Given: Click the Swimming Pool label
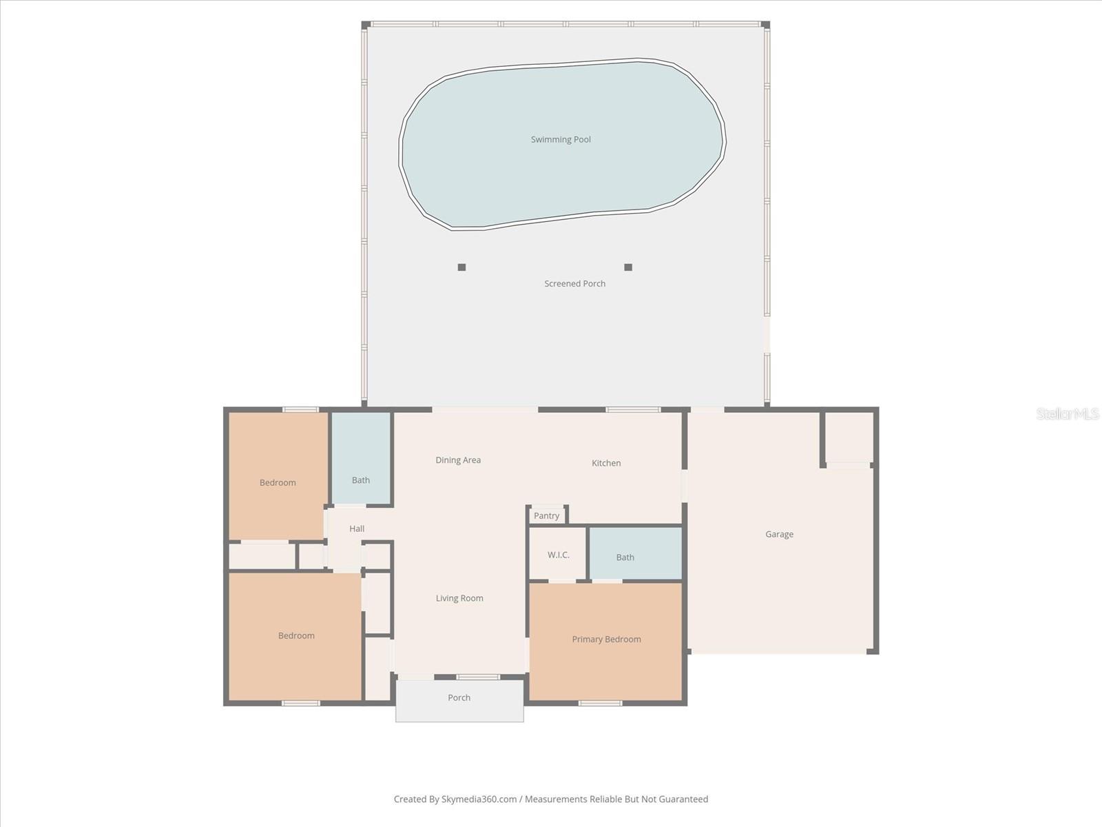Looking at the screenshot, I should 561,139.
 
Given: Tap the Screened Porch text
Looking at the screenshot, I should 574,283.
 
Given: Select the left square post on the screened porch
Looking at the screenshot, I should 461,267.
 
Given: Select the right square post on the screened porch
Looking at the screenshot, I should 627,267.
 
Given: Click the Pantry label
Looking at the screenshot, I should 546,515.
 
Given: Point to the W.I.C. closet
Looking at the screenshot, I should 558,555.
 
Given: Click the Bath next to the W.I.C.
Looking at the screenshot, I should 625,558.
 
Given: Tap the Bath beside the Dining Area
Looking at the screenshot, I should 361,480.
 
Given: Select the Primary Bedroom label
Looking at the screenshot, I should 606,640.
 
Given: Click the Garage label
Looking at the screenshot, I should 779,534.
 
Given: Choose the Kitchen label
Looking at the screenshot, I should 606,463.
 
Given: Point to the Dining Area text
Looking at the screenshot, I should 458,460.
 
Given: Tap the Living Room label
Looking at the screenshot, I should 459,598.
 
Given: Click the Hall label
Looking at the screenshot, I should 357,529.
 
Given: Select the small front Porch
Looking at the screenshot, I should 459,698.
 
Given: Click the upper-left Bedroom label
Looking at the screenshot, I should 278,482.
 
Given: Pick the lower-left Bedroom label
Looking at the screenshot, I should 296,635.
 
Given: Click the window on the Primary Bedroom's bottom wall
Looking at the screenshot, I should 600,703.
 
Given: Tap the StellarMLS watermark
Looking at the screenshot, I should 1068,413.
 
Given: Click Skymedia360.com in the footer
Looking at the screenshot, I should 479,799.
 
